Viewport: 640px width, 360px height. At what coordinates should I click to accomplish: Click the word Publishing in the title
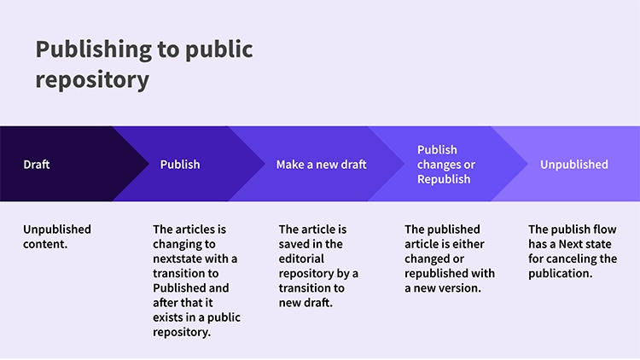pyautogui.click(x=94, y=49)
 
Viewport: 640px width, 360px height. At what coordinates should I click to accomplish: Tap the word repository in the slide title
pyautogui.click(x=92, y=80)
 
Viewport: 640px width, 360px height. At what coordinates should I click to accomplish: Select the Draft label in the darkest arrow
pyautogui.click(x=37, y=164)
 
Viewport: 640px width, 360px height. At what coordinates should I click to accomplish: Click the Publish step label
pyautogui.click(x=180, y=164)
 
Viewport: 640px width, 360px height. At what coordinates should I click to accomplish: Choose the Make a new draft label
pyautogui.click(x=321, y=164)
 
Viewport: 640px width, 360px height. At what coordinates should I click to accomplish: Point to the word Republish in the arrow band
pyautogui.click(x=444, y=179)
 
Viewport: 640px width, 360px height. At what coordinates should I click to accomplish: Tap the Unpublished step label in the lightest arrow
pyautogui.click(x=574, y=164)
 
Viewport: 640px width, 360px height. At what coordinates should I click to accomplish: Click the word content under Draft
pyautogui.click(x=45, y=244)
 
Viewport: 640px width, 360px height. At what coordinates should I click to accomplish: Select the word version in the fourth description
pyautogui.click(x=461, y=288)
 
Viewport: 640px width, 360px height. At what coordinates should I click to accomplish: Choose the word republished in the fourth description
pyautogui.click(x=435, y=274)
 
